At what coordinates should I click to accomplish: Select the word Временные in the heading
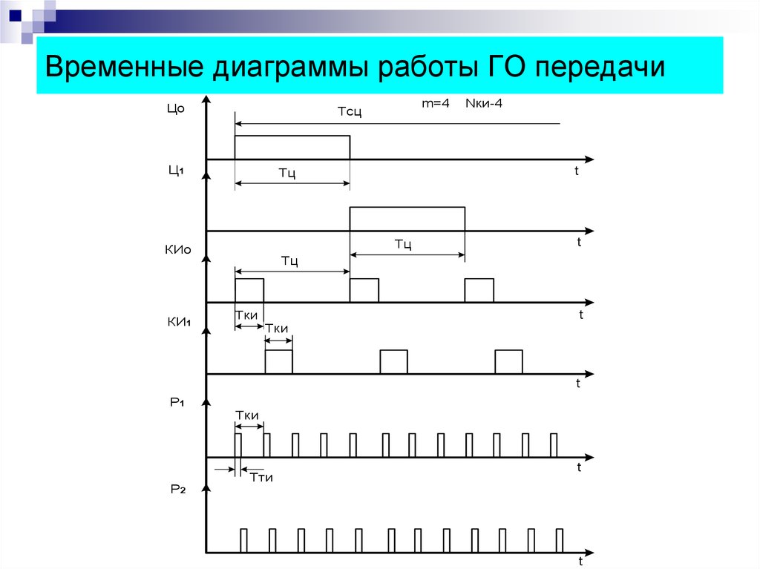124,66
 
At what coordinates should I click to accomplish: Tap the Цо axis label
175,108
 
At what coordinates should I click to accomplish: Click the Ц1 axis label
176,170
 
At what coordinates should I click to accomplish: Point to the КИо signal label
178,249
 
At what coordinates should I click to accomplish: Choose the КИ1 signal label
179,322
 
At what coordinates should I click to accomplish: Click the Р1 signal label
177,402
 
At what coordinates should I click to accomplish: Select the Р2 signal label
178,489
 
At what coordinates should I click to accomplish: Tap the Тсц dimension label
350,112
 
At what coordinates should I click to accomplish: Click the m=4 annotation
435,103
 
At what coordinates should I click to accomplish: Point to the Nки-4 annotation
484,103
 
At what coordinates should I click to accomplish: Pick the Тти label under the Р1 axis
261,478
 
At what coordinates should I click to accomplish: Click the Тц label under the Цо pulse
287,173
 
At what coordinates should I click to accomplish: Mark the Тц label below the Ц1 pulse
403,244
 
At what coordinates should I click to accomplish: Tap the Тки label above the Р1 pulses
246,415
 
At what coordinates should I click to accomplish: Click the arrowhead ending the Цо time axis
589,159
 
